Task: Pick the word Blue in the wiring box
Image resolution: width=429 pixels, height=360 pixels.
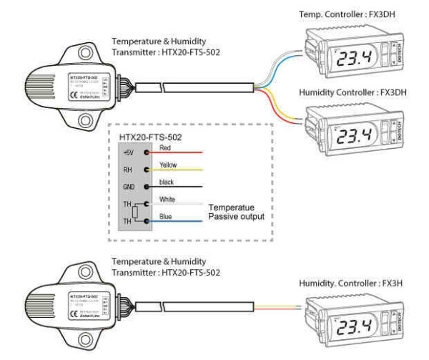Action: pos(167,215)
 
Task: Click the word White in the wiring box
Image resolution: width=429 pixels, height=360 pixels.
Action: pos(168,199)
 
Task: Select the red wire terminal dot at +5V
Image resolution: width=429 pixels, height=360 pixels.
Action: pos(147,152)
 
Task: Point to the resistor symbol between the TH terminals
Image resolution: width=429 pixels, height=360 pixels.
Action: pos(134,213)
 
